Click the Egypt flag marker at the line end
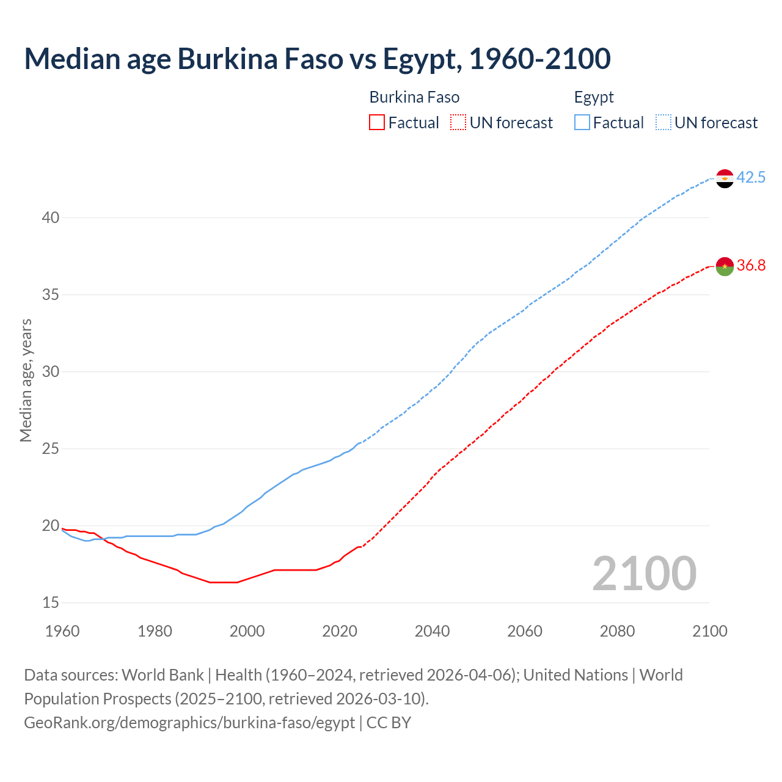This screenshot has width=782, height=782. coord(725,178)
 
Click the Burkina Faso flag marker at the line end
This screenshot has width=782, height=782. coord(725,266)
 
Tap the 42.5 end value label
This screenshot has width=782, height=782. coord(751,178)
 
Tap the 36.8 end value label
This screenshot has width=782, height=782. coord(751,266)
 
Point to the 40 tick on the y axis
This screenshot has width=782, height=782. coord(51,218)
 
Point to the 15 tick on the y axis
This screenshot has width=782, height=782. coord(51,603)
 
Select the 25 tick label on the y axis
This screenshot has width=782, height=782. coord(51,449)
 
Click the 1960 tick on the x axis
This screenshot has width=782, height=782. coord(62,631)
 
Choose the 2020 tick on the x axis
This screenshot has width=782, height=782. coord(340,631)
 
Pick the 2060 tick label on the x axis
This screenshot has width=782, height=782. coord(525,631)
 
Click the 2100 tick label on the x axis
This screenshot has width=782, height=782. coord(709,631)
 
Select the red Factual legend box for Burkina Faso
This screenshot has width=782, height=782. coord(377,123)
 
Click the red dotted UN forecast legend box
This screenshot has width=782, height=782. coord(458,123)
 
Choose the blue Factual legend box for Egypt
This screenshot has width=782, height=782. coord(582,123)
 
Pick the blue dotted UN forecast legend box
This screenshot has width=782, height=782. coord(663,123)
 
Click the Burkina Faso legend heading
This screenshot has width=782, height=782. coord(414,98)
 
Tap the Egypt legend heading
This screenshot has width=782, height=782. coord(594,98)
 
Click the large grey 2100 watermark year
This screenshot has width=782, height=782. coord(644,574)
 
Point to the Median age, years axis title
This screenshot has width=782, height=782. coord(26,380)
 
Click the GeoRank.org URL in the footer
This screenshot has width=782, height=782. coord(189,723)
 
